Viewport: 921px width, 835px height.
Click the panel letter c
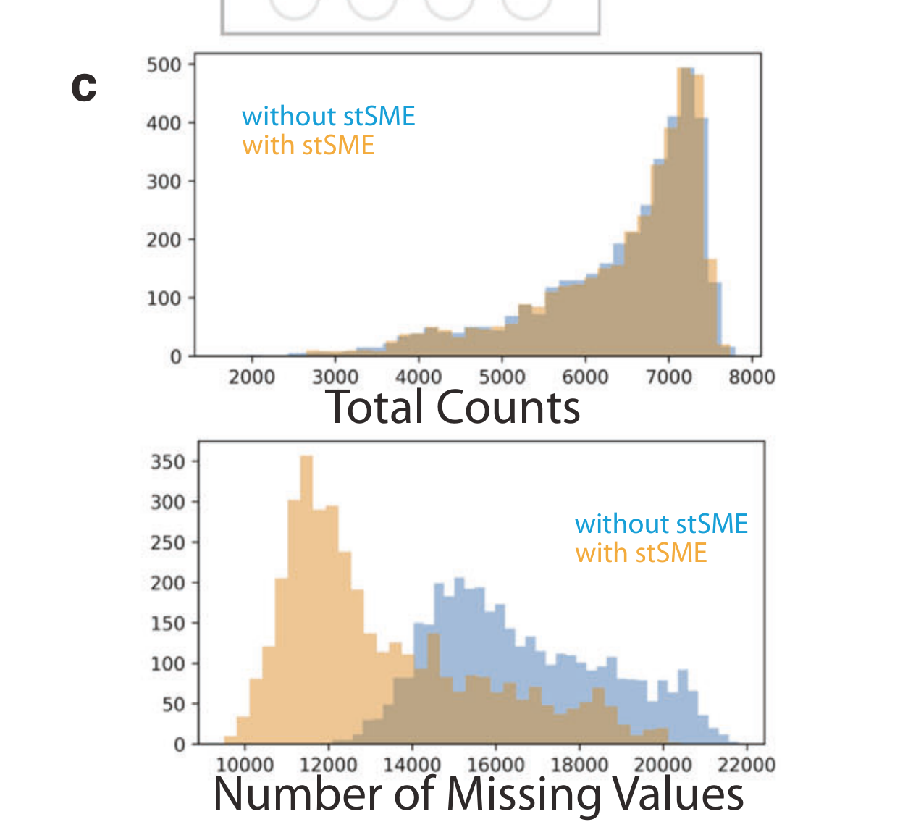coord(84,88)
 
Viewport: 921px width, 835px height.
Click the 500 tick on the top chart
coord(164,65)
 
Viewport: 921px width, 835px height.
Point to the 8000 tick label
coord(752,377)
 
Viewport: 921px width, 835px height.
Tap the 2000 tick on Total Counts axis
coord(252,377)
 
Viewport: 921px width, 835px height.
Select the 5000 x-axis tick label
coord(502,377)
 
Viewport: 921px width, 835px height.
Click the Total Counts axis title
coord(453,407)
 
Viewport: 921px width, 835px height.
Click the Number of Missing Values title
coord(478,794)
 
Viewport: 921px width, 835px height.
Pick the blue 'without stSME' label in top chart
coord(329,117)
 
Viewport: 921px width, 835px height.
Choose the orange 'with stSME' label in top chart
coord(308,146)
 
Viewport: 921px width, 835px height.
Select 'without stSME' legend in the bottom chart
coord(661,524)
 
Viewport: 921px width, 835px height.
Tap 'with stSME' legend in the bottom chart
coord(641,553)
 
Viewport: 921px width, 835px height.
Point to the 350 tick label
coord(168,462)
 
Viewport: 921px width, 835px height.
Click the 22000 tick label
coord(746,765)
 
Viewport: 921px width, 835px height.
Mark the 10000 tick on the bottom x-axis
coord(245,765)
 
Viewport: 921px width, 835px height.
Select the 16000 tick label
coord(496,765)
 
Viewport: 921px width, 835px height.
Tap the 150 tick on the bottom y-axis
coord(168,624)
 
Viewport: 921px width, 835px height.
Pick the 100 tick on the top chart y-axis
coord(164,298)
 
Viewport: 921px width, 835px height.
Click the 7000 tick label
coord(668,377)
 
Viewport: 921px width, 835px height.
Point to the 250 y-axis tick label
coord(168,542)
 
